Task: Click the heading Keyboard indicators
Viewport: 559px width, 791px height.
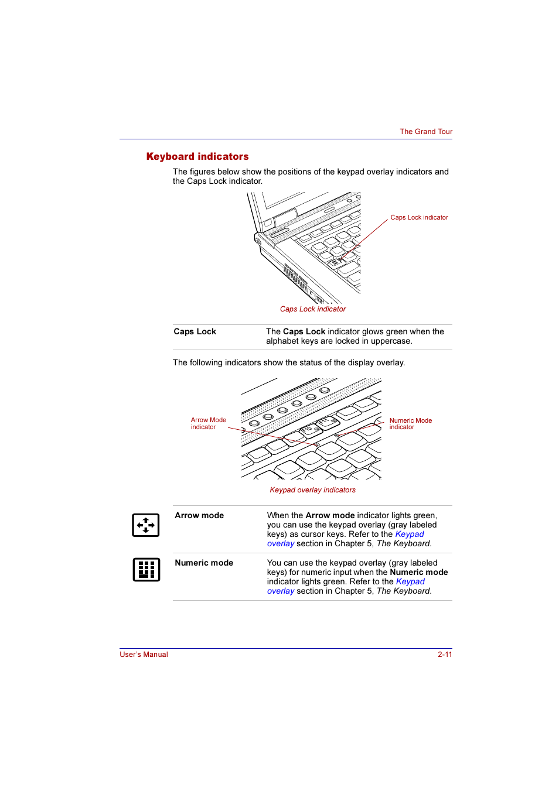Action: pos(197,156)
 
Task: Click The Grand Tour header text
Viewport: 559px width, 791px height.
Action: pos(426,132)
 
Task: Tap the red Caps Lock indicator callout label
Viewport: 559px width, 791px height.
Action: pos(419,217)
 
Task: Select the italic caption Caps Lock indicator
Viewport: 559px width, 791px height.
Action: pos(313,309)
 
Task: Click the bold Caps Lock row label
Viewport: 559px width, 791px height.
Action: pos(195,331)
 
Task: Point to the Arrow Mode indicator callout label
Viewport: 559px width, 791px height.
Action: pos(208,423)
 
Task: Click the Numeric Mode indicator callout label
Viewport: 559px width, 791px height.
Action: pos(410,423)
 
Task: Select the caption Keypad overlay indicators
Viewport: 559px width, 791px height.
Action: pos(312,490)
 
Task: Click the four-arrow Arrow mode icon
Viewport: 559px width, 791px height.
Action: pos(146,525)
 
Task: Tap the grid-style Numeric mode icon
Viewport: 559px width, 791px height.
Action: pos(146,569)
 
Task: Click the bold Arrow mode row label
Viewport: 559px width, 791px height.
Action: pos(199,515)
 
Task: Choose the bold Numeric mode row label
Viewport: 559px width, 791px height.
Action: pos(204,563)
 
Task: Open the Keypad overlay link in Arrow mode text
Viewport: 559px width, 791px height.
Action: pos(409,534)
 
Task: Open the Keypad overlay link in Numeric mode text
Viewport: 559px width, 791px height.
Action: pos(410,581)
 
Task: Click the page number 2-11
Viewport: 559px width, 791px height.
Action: pos(445,655)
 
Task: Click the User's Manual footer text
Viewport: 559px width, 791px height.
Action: pos(144,655)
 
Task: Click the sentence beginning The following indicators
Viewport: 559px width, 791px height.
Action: pos(288,362)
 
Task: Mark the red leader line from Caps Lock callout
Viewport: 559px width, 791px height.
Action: pos(369,237)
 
